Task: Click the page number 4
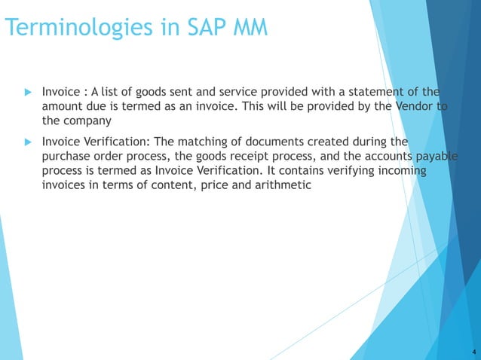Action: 472,352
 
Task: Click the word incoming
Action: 401,170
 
